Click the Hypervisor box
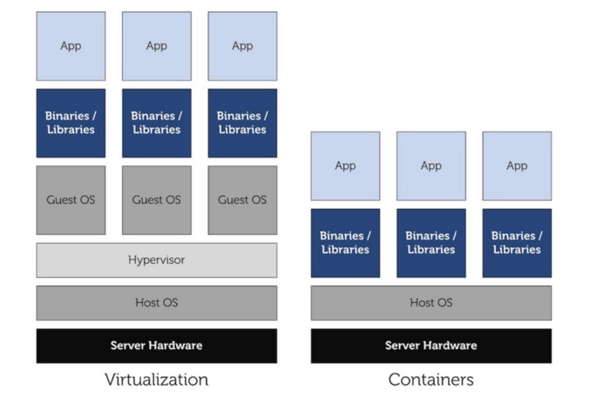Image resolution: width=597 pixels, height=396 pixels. coord(157,259)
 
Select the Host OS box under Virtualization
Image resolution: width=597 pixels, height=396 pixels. coord(157,303)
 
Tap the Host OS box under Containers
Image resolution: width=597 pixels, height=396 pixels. coord(431,303)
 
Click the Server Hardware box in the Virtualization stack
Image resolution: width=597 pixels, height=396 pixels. coord(157,346)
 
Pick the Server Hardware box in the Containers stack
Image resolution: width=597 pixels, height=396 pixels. coord(431,346)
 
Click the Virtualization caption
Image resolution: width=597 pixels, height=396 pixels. coord(157,379)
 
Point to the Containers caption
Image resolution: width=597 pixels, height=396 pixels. coord(431,379)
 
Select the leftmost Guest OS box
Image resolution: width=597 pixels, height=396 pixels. coord(71,200)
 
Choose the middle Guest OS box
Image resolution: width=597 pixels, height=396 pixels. coord(157,200)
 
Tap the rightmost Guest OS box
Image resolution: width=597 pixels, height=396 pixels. coord(242,200)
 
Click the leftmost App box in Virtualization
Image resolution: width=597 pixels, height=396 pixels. coord(71,46)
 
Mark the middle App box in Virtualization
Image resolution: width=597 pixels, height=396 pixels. coord(157,46)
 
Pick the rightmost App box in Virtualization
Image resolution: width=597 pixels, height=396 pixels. coord(242,46)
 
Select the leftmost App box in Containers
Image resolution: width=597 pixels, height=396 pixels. coord(345,166)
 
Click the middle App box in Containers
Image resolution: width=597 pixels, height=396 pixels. coord(431,166)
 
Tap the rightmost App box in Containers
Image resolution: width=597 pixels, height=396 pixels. coord(517,166)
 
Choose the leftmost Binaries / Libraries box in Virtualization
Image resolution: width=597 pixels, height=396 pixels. coord(71,123)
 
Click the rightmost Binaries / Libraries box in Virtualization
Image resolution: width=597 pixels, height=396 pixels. coord(242,123)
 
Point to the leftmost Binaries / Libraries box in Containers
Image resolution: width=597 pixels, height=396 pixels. coord(345,243)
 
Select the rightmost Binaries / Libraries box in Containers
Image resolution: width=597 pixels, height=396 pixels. coord(517,243)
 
